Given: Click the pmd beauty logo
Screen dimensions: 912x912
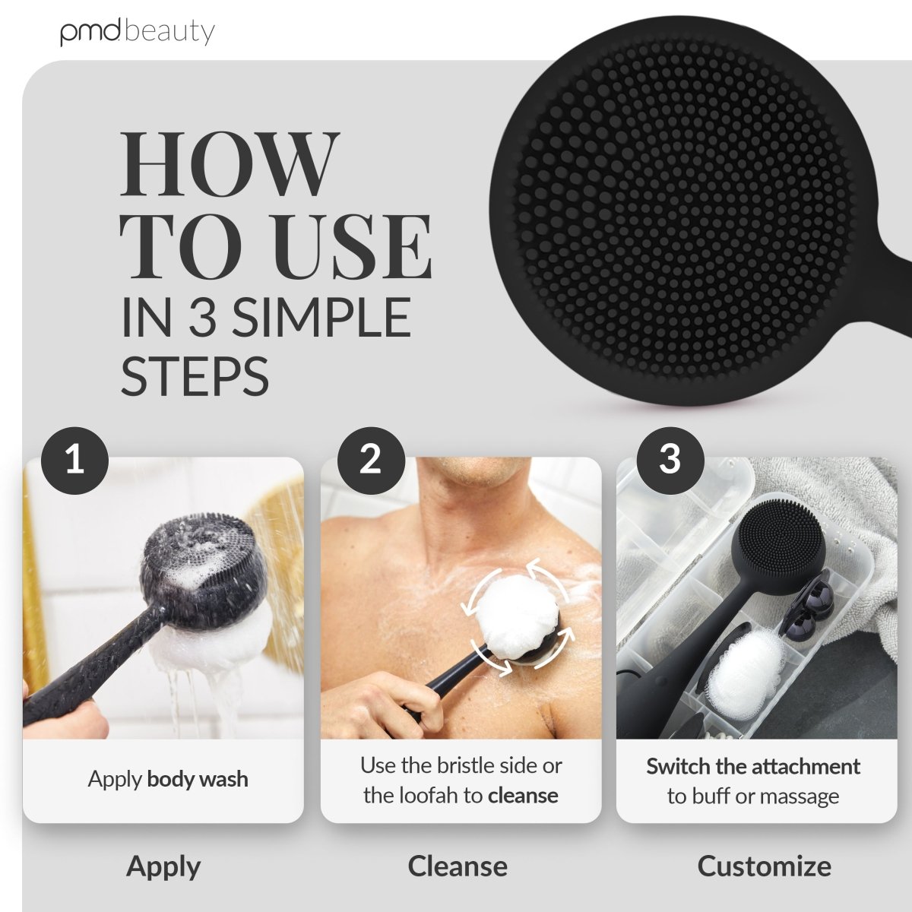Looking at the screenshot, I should [x=138, y=32].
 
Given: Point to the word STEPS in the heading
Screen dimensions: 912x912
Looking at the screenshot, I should [x=195, y=375].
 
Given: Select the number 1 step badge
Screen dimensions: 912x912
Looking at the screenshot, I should [x=74, y=460].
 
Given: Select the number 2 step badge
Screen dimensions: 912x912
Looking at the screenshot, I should [x=370, y=460].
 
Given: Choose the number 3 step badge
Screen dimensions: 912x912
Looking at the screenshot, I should [x=670, y=460].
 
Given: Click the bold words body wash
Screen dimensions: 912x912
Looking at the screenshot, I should [x=198, y=779].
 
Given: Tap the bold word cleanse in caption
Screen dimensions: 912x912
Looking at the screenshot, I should [x=523, y=796].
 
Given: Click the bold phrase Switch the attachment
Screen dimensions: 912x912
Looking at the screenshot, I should [x=753, y=766].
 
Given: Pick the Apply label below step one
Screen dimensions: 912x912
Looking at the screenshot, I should [x=163, y=866].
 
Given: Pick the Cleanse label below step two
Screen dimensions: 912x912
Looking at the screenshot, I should [x=458, y=866].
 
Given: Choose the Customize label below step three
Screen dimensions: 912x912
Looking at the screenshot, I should [x=764, y=866].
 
